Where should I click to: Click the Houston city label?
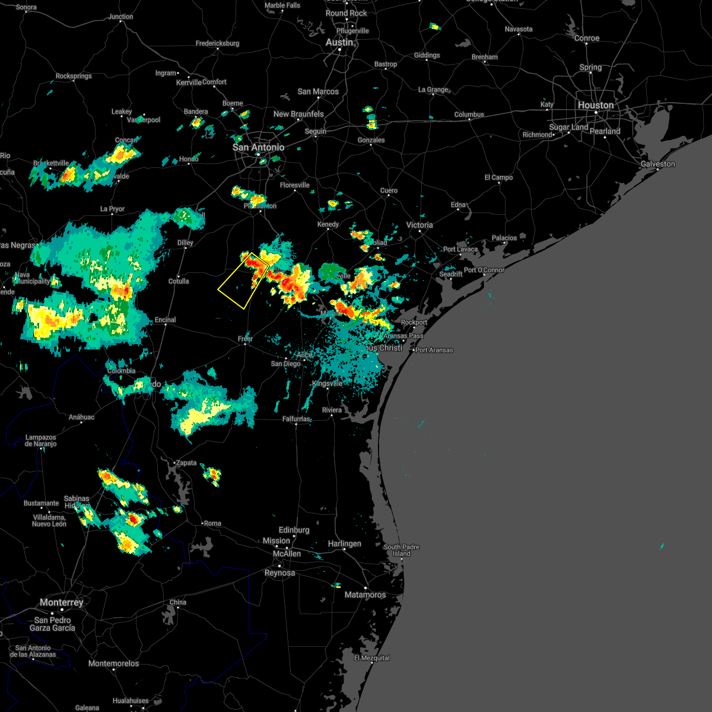tap(596, 105)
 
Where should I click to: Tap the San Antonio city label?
tap(258, 147)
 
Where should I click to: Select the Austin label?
tap(339, 43)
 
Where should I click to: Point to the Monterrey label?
tap(62, 602)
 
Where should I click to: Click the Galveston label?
tap(658, 164)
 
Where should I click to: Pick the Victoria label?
tap(419, 225)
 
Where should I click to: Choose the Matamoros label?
tap(365, 595)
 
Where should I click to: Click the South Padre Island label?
tap(401, 550)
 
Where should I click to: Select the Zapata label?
tap(185, 463)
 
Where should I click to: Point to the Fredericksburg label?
tap(217, 43)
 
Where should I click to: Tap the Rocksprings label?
tap(74, 76)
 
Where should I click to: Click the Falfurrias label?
tap(296, 419)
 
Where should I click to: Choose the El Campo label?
tap(498, 177)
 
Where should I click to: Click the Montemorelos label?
tap(113, 663)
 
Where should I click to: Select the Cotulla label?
tap(178, 281)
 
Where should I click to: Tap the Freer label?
tap(245, 339)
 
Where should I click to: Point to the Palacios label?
tap(504, 238)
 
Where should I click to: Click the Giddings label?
tap(427, 55)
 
